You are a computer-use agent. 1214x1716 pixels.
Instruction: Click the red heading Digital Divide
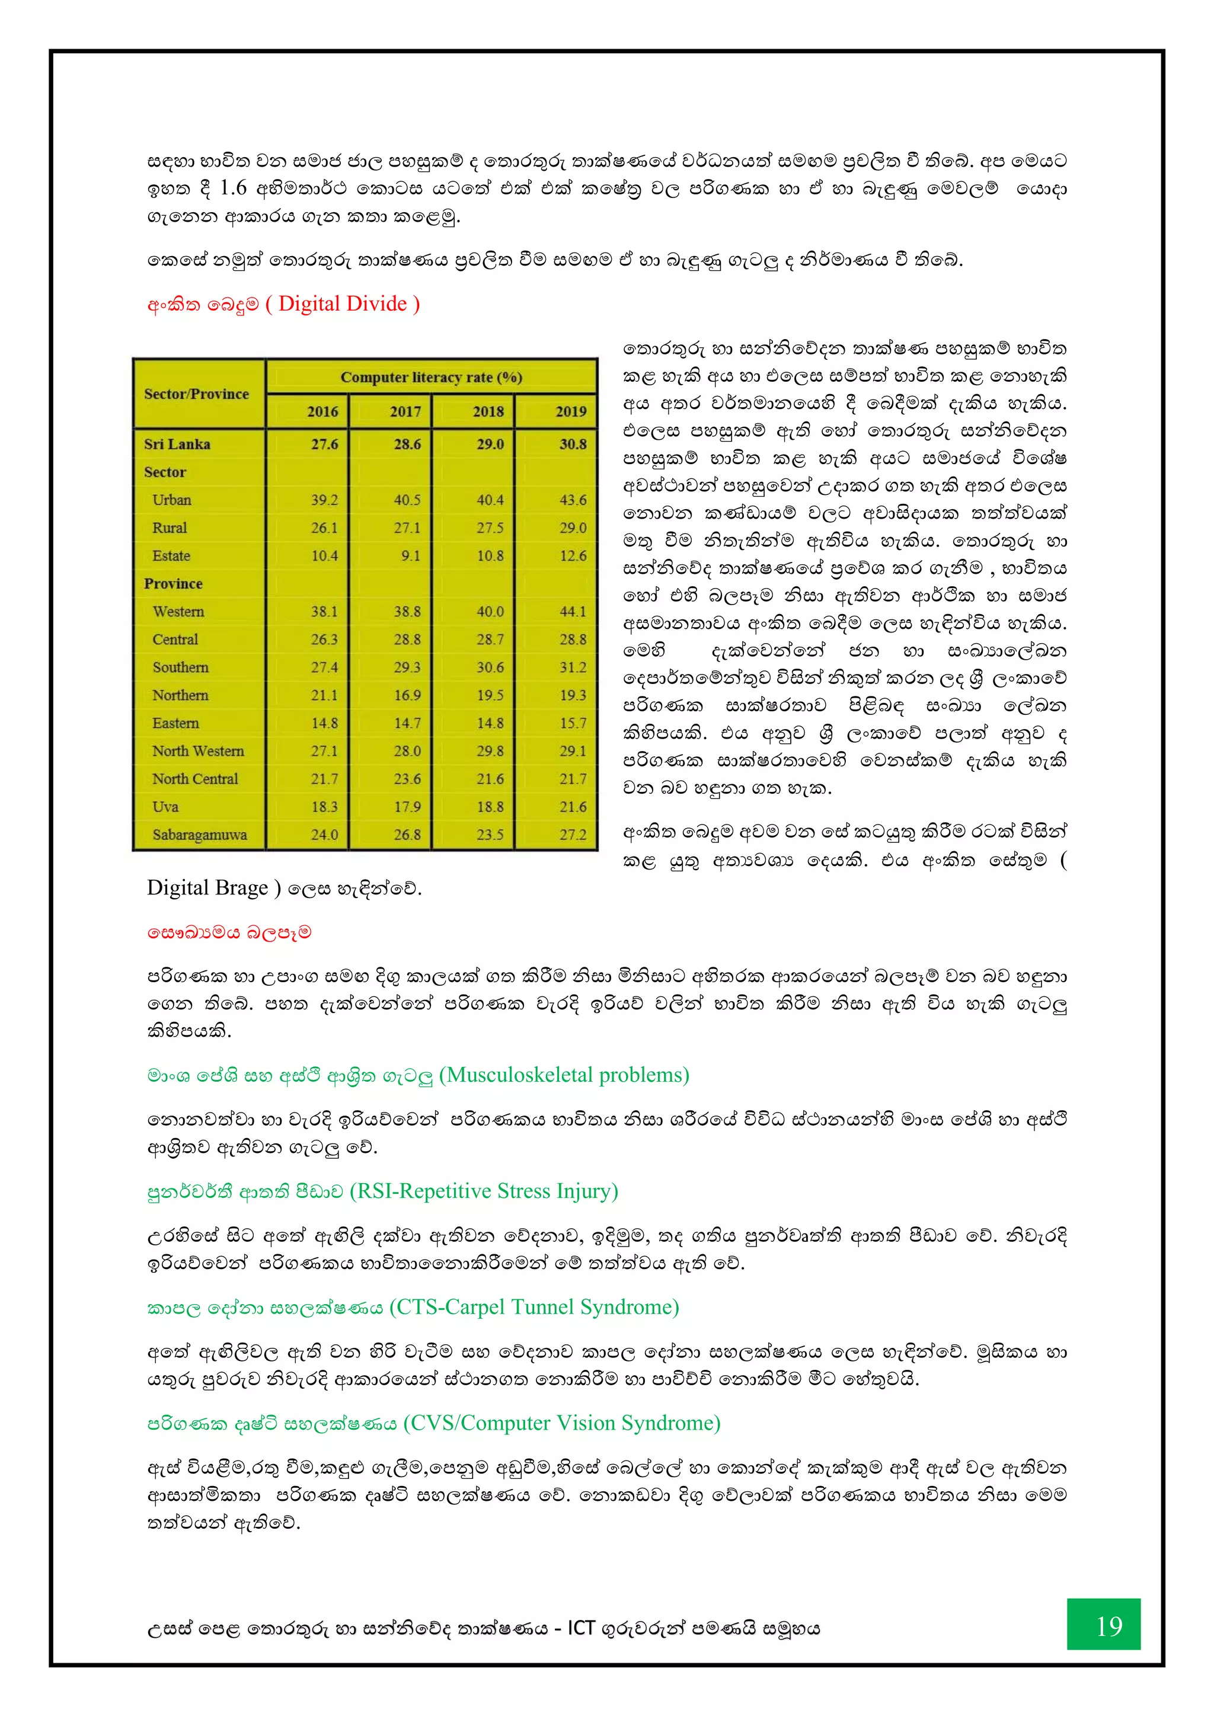pyautogui.click(x=343, y=304)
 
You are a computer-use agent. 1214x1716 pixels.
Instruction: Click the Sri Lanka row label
pyautogui.click(x=177, y=444)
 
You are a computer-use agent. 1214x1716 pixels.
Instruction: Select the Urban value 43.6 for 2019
pyautogui.click(x=573, y=500)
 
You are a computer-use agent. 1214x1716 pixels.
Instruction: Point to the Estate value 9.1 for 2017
pyautogui.click(x=410, y=555)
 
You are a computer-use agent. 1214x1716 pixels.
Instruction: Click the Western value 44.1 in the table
pyautogui.click(x=573, y=611)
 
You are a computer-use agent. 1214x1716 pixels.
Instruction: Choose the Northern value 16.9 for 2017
pyautogui.click(x=407, y=695)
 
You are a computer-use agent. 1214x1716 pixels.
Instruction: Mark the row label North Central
pyautogui.click(x=194, y=779)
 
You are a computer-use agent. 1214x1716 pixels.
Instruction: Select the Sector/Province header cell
pyautogui.click(x=196, y=394)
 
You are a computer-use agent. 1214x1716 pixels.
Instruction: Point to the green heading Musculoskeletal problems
pyautogui.click(x=564, y=1075)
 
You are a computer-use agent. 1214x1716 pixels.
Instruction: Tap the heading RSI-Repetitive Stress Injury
pyautogui.click(x=484, y=1191)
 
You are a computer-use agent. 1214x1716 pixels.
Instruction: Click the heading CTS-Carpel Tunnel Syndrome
pyautogui.click(x=535, y=1306)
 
